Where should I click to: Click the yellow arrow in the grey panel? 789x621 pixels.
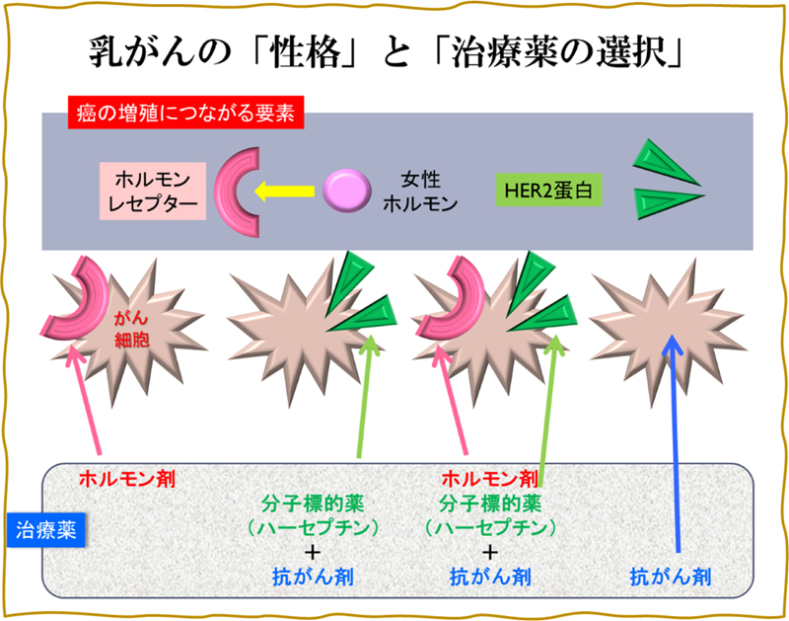286,189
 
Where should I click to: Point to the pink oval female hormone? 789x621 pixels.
346,189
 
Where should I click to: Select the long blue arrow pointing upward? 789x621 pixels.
676,444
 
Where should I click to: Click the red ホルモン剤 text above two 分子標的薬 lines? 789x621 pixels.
490,478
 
